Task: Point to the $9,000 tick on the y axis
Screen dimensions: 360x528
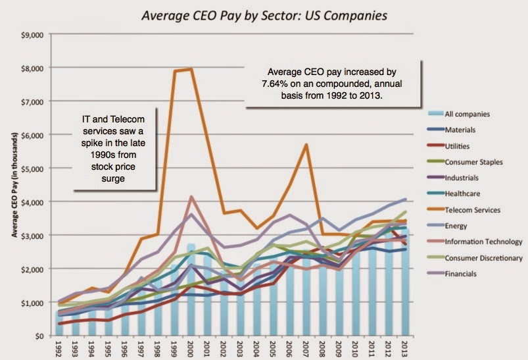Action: click(x=34, y=34)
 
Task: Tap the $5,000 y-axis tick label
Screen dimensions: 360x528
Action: click(x=34, y=168)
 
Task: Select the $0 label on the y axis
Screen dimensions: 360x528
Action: click(x=39, y=336)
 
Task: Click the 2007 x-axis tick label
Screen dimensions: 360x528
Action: click(x=306, y=348)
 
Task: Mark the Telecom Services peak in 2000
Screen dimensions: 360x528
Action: click(x=191, y=68)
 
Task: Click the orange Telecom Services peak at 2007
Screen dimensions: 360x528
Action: click(x=306, y=144)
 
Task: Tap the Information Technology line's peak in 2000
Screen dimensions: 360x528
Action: click(x=191, y=196)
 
